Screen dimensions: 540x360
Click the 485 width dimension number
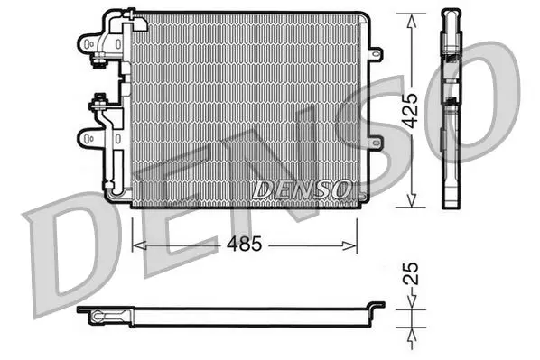click(244, 244)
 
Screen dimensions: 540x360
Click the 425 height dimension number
click(410, 110)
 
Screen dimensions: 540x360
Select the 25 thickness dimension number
click(410, 273)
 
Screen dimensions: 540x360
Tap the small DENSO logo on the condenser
click(302, 189)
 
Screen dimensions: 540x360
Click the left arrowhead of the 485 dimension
click(139, 245)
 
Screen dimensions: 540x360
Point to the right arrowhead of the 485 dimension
click(349, 245)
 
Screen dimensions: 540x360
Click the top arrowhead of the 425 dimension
click(411, 21)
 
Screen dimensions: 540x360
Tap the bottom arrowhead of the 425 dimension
click(411, 200)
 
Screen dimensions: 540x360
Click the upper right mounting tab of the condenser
click(376, 54)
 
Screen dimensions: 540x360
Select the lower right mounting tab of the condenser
click(376, 143)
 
